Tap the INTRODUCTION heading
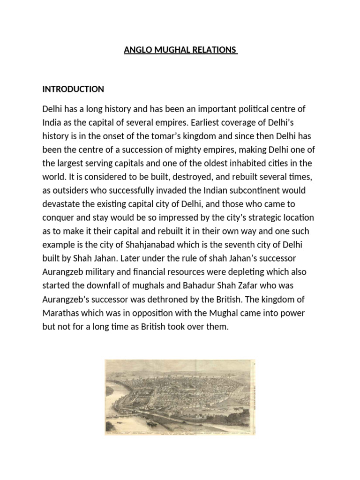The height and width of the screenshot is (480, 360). click(x=73, y=89)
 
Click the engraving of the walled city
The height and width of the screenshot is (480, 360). click(x=180, y=397)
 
